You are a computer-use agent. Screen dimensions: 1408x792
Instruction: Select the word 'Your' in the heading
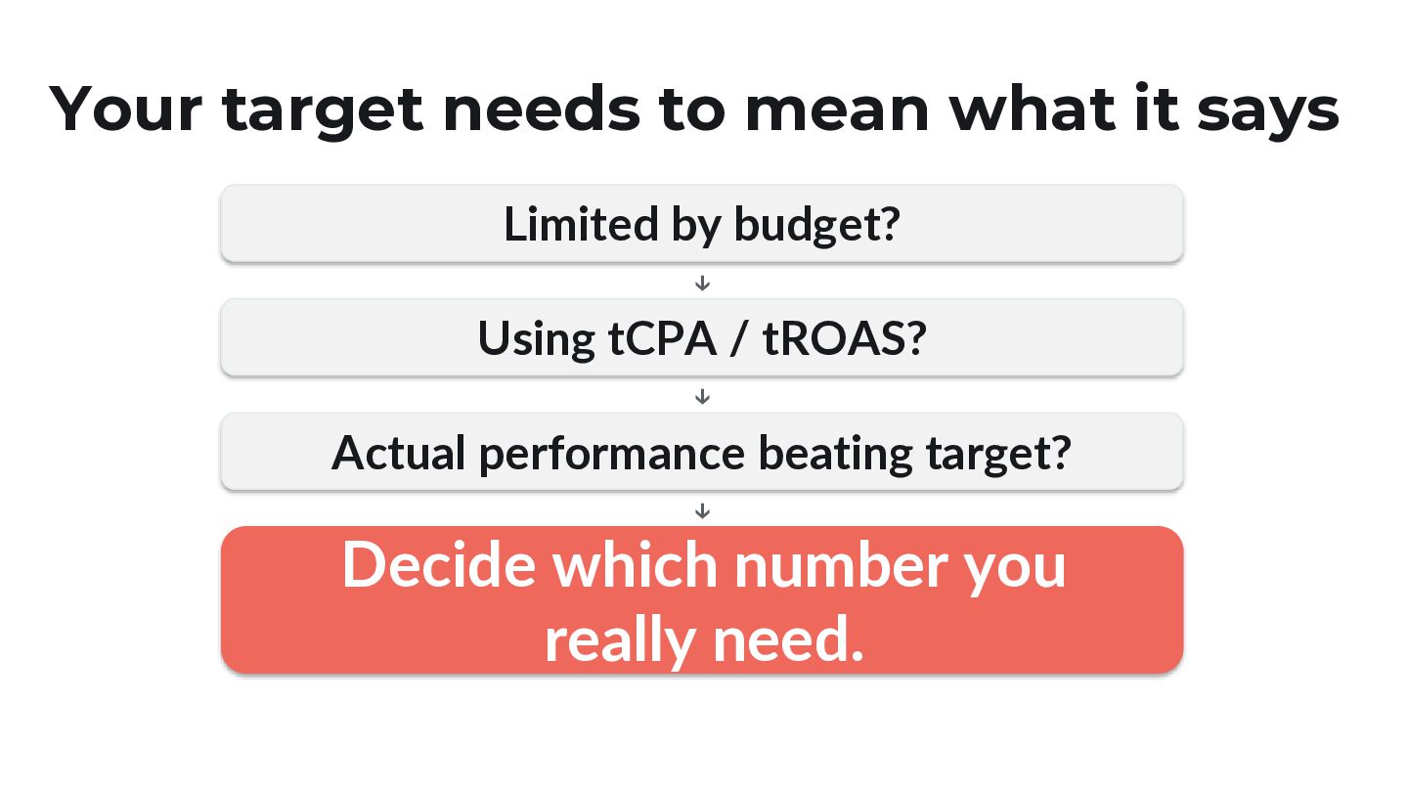point(126,109)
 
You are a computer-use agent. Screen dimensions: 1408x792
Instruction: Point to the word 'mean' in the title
point(837,110)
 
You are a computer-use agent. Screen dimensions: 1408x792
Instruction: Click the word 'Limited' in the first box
point(581,224)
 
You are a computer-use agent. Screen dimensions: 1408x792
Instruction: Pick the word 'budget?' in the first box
point(817,225)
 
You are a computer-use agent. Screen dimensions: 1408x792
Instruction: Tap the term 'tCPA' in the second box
point(662,338)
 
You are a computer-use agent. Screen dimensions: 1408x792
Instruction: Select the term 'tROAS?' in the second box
point(844,338)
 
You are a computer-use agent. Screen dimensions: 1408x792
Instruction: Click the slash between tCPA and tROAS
point(738,338)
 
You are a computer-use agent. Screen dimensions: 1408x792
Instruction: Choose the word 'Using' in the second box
point(536,339)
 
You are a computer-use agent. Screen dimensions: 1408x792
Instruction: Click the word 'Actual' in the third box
point(398,453)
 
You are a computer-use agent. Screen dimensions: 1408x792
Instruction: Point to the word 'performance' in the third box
point(612,455)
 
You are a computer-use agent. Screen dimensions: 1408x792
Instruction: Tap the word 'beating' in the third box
point(835,454)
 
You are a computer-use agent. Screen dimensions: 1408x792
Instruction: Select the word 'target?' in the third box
point(999,454)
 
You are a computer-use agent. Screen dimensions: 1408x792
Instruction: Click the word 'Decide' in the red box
point(439,564)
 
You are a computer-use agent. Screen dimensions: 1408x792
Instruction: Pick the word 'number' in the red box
point(841,564)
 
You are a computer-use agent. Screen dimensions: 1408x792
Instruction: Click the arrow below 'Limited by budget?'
point(702,283)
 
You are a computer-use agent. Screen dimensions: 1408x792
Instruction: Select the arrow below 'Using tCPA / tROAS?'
point(702,397)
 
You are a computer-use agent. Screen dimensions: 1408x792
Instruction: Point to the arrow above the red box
point(702,511)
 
